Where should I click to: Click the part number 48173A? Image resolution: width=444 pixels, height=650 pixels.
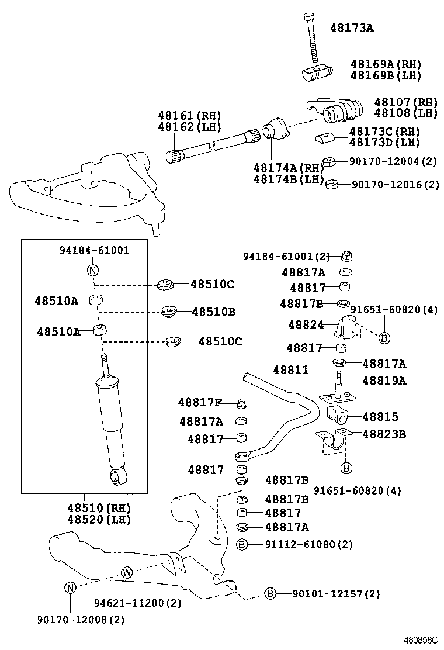pyautogui.click(x=352, y=27)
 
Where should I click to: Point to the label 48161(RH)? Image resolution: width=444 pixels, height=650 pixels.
pyautogui.click(x=181, y=115)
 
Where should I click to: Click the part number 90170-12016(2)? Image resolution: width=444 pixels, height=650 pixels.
pyautogui.click(x=395, y=185)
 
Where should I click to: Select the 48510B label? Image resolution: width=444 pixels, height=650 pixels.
pyautogui.click(x=213, y=312)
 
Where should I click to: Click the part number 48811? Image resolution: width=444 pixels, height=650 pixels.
pyautogui.click(x=291, y=371)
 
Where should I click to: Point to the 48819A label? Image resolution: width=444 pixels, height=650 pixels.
pyautogui.click(x=384, y=381)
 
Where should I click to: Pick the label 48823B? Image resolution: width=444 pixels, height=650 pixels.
pyautogui.click(x=384, y=434)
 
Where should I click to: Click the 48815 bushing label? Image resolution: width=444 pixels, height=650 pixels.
pyautogui.click(x=380, y=417)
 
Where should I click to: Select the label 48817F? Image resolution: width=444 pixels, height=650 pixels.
pyautogui.click(x=200, y=402)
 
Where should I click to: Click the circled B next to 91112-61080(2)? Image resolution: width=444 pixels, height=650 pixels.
pyautogui.click(x=242, y=545)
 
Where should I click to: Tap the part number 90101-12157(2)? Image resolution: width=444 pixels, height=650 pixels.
pyautogui.click(x=336, y=594)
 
